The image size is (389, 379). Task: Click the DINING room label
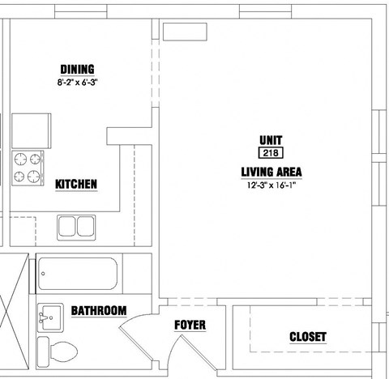pos(77,70)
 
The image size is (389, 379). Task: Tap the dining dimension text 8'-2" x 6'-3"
pos(77,82)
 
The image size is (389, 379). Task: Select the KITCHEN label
pos(76,185)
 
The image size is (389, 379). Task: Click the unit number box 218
pos(271,153)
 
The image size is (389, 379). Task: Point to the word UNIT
pos(271,140)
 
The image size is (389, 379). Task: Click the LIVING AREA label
pos(271,172)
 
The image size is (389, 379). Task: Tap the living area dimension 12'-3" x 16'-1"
pos(271,185)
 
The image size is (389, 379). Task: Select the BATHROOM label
pos(99,311)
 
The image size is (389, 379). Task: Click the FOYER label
pos(190,325)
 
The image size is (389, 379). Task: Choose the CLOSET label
pos(308,337)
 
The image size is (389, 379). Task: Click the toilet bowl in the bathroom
pos(64,351)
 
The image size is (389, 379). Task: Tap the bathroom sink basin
pos(50,317)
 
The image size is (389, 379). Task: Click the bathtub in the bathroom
pos(78,274)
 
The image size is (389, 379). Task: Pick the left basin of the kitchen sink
pos(66,227)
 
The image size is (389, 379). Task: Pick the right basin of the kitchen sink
pos(86,227)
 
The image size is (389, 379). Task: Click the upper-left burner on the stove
pos(20,159)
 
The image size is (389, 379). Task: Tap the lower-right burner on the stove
pos(34,177)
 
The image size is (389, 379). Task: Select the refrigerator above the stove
pos(32,131)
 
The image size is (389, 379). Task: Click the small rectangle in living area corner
pos(185,32)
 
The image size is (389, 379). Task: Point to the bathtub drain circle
pos(43,274)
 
